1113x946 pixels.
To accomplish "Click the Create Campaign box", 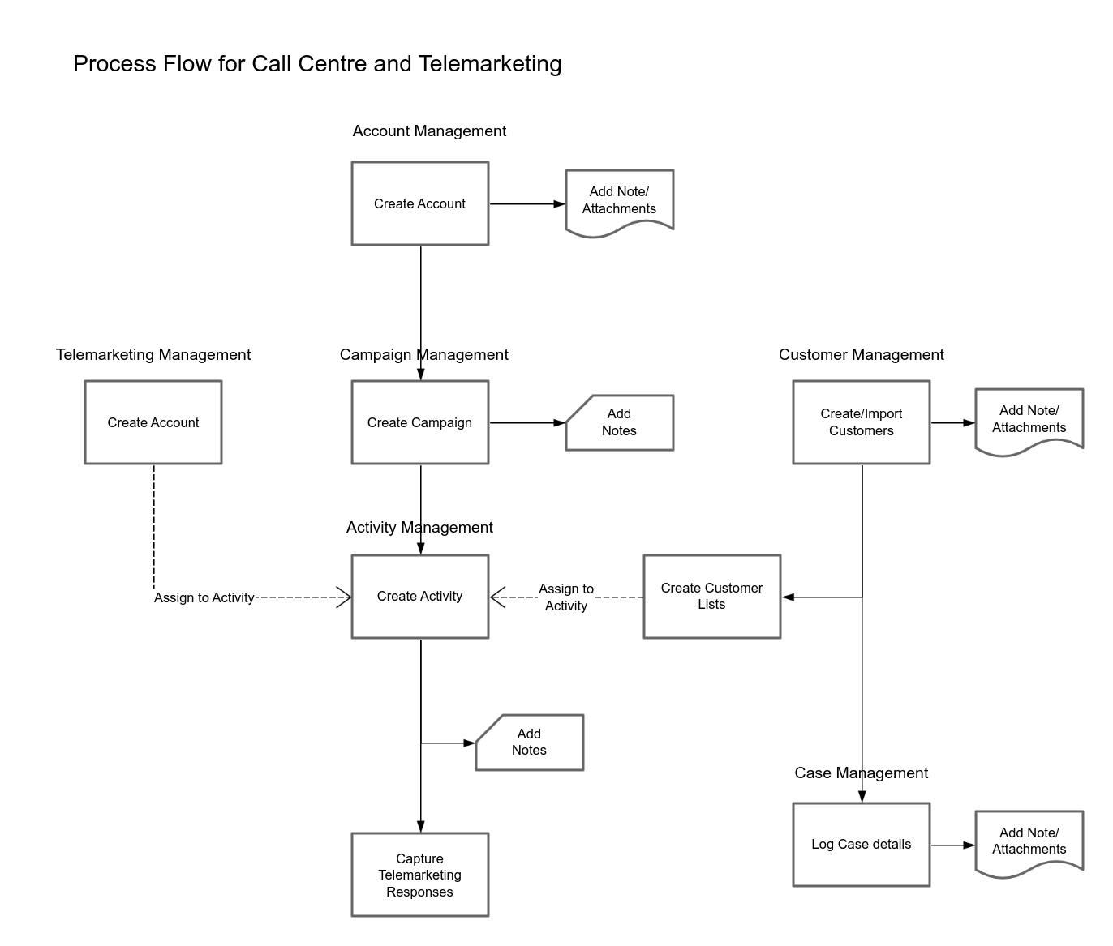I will [x=419, y=422].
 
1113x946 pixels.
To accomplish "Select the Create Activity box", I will [x=419, y=597].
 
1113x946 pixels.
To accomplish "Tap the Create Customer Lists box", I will [x=711, y=597].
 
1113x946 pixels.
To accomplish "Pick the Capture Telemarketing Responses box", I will [x=419, y=875].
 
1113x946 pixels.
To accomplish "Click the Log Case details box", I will [x=861, y=845].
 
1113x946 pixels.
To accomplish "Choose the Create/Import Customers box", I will [x=861, y=422].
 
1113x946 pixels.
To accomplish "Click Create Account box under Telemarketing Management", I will [x=153, y=422].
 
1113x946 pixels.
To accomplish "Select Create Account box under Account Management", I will [x=419, y=203].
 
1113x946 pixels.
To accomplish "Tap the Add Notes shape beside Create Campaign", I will [x=619, y=422].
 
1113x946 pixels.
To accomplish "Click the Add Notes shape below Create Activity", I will [x=529, y=743].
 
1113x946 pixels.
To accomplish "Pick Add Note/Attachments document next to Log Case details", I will [x=1029, y=841].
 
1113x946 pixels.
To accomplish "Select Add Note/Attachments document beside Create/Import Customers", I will [x=1029, y=419].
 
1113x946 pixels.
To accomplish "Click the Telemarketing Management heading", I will [x=153, y=355].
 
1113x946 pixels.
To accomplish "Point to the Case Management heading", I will [x=861, y=773].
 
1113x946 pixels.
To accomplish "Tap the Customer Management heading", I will [x=861, y=355].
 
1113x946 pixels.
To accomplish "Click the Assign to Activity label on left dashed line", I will [x=204, y=598].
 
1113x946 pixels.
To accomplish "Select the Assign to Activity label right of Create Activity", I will [x=566, y=597].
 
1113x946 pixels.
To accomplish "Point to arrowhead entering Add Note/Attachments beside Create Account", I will [x=559, y=204].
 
